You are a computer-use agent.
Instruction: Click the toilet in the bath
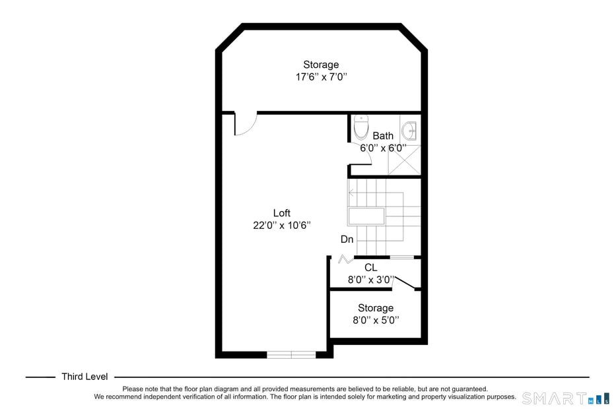pos(361,127)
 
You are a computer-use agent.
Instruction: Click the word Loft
pos(282,213)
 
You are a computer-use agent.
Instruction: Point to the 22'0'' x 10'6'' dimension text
pos(282,225)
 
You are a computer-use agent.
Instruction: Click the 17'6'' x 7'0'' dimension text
pos(321,77)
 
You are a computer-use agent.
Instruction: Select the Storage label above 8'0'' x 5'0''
pos(376,308)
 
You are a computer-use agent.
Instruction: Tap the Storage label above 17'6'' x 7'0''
pos(321,65)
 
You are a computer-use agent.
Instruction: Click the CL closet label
pos(371,267)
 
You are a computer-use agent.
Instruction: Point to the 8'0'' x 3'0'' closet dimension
pos(371,279)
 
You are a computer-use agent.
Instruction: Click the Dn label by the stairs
pos(347,239)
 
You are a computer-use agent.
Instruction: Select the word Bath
pos(383,136)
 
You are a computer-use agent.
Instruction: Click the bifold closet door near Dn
pos(344,259)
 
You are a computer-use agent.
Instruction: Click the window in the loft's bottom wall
pos(291,355)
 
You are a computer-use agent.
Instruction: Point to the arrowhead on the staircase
pos(351,193)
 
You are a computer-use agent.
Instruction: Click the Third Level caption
pos(85,377)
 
